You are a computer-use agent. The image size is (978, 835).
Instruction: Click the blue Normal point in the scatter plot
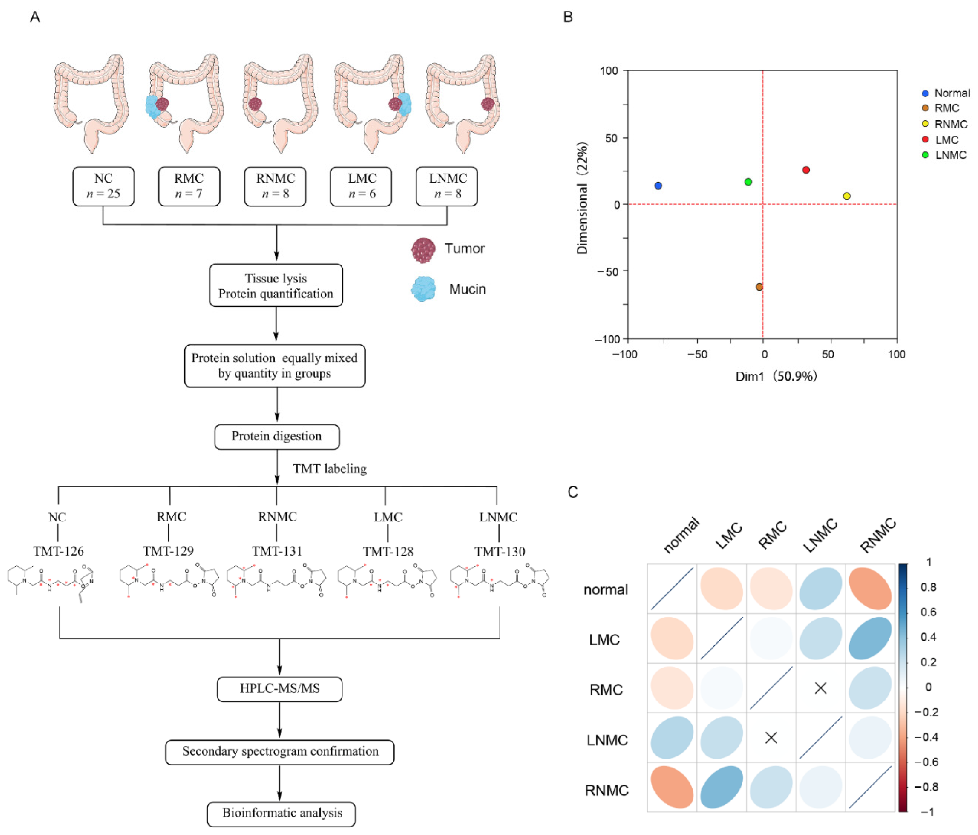coord(658,186)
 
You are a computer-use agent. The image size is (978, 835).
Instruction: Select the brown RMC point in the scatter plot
coord(759,287)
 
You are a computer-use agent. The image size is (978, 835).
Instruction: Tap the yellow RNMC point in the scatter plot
coord(847,196)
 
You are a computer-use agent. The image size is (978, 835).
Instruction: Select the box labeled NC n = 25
coord(103,186)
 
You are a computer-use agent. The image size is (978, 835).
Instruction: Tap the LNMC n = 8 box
coord(447,186)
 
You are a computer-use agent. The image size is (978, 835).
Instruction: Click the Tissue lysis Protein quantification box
coord(276,285)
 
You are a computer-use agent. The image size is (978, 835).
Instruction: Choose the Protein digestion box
coord(277,436)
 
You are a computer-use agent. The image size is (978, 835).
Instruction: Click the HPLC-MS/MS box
coord(279,688)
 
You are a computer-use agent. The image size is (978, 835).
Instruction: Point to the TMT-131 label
coord(277,551)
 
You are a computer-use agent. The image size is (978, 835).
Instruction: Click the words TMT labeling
coord(329,469)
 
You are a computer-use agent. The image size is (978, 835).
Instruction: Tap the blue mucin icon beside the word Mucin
coord(423,289)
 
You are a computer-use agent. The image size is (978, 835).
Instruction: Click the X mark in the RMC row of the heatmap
coord(821,688)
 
